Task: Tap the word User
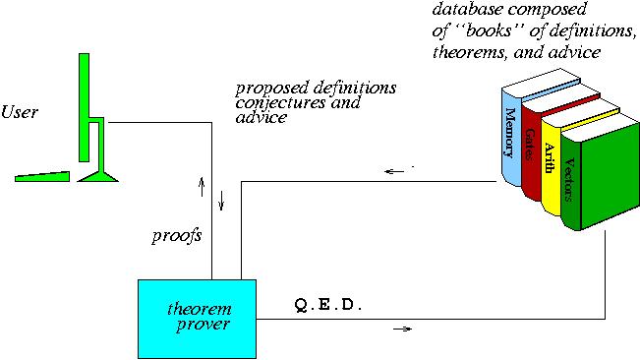(x=21, y=113)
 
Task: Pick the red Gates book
(x=531, y=148)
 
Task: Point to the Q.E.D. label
(x=329, y=306)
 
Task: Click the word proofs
(x=176, y=237)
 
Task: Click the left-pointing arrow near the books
(x=395, y=173)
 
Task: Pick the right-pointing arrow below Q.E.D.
(x=402, y=329)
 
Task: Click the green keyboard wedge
(x=44, y=177)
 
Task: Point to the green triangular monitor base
(x=99, y=175)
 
